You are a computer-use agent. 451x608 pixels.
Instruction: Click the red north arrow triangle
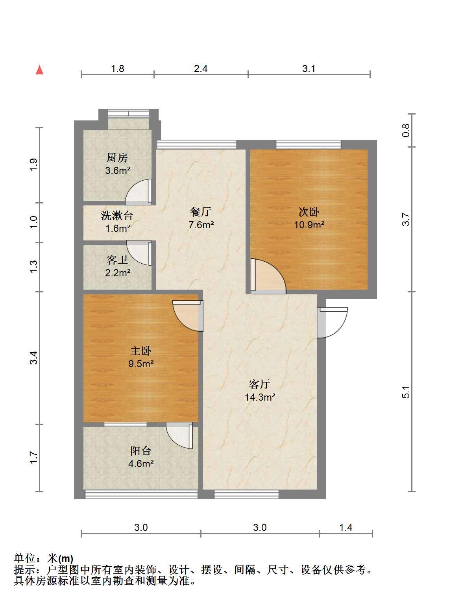[40, 70]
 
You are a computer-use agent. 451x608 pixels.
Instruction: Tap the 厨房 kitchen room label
[117, 158]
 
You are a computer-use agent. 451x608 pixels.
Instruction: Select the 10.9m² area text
[309, 225]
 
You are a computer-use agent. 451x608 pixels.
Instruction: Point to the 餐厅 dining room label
[201, 212]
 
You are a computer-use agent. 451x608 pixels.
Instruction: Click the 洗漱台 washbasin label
[117, 216]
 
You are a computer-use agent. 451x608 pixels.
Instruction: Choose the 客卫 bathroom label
[117, 260]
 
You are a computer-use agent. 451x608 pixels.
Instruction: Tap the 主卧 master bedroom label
[141, 351]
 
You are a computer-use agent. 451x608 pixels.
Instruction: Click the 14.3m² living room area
[260, 397]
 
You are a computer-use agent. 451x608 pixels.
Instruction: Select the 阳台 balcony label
[141, 451]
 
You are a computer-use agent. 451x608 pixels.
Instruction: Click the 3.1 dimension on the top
[309, 68]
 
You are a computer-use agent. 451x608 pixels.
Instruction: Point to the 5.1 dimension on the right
[406, 392]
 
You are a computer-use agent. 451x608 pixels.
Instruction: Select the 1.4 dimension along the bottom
[346, 527]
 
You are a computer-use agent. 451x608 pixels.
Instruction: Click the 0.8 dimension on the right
[406, 130]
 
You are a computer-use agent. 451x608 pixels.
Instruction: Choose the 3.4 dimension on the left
[33, 358]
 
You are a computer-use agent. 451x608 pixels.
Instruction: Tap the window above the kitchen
[128, 113]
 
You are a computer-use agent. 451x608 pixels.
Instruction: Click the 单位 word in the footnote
[25, 559]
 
